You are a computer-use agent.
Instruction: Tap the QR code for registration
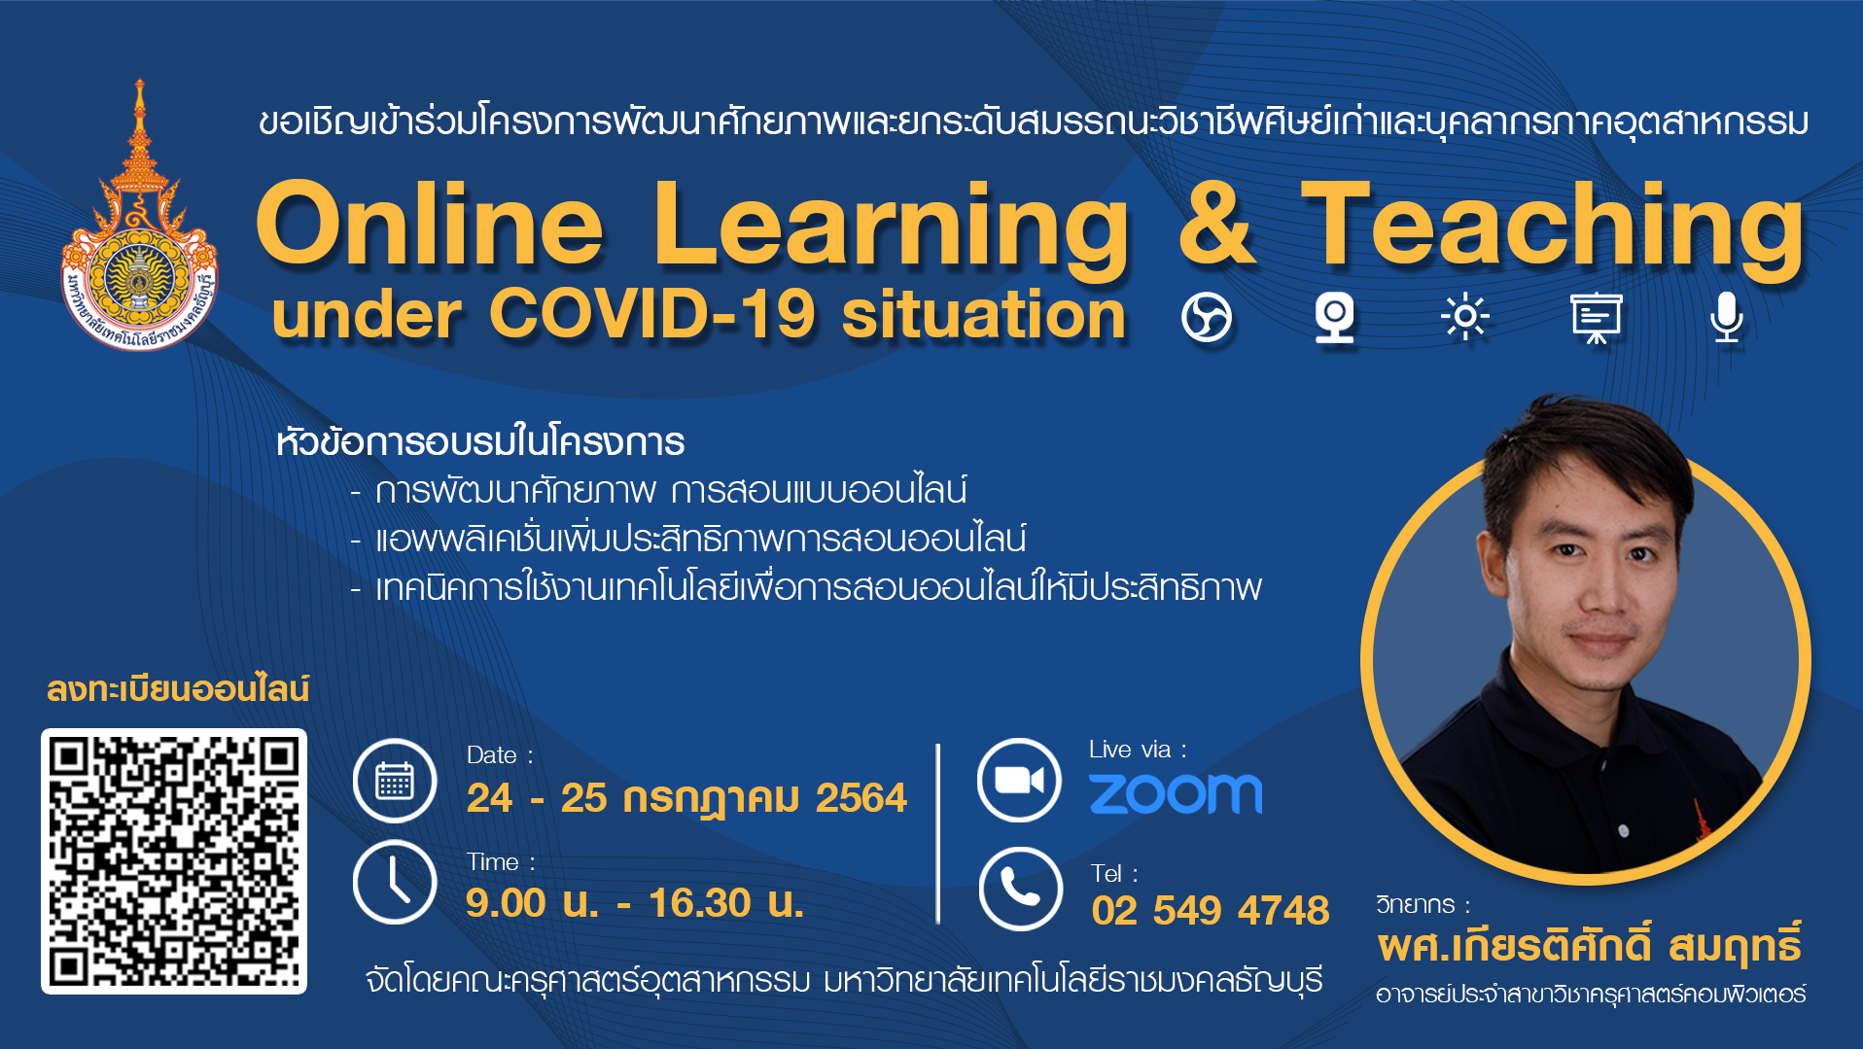pyautogui.click(x=174, y=861)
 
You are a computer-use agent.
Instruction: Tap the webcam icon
pyautogui.click(x=1335, y=318)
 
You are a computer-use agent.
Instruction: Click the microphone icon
pyautogui.click(x=1727, y=318)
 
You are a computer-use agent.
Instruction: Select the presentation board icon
pyautogui.click(x=1597, y=318)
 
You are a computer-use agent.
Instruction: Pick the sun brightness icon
pyautogui.click(x=1465, y=317)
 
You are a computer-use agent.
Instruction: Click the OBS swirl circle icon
pyautogui.click(x=1207, y=318)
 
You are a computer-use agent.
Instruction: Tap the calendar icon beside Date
pyautogui.click(x=395, y=781)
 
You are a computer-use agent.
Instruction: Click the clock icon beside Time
pyautogui.click(x=395, y=882)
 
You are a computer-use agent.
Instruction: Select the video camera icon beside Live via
pyautogui.click(x=1019, y=780)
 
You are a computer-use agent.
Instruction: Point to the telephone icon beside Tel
pyautogui.click(x=1020, y=889)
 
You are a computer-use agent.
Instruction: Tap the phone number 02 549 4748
pyautogui.click(x=1210, y=911)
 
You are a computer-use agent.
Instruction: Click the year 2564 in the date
pyautogui.click(x=861, y=798)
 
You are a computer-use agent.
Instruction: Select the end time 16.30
pyautogui.click(x=700, y=903)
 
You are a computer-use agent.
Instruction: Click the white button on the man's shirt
pyautogui.click(x=1623, y=830)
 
